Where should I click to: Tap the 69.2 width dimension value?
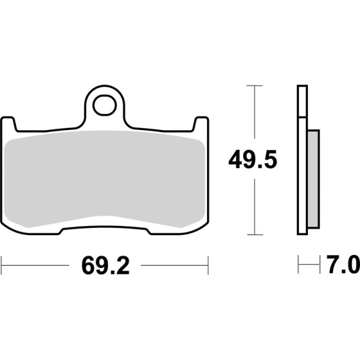tap(105, 264)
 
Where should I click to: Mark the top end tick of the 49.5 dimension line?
tap(255, 86)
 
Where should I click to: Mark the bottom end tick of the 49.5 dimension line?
tap(255, 234)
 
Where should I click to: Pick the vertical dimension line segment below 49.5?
tap(255, 204)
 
